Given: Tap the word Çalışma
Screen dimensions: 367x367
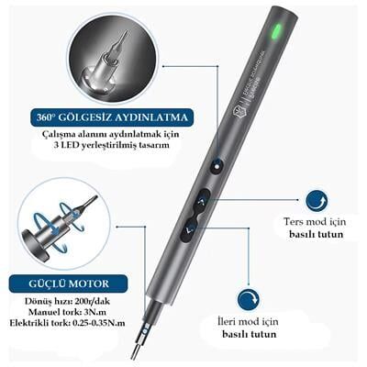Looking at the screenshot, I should pos(63,137).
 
